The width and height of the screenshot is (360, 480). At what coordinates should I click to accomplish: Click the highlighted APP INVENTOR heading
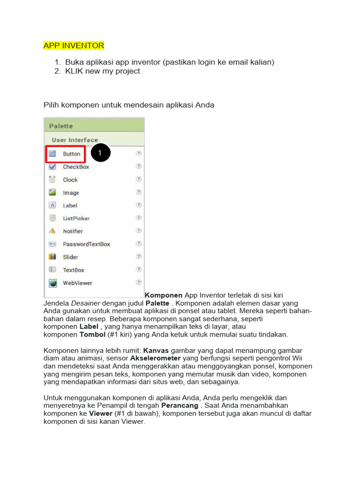pyautogui.click(x=74, y=45)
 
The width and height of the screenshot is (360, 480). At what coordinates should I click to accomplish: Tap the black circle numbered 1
pyautogui.click(x=100, y=152)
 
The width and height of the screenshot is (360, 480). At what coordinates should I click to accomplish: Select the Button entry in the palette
pyautogui.click(x=72, y=154)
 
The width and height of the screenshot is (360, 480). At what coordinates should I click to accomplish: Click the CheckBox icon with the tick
pyautogui.click(x=53, y=166)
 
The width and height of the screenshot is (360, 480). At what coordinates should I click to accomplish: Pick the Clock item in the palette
pyautogui.click(x=70, y=180)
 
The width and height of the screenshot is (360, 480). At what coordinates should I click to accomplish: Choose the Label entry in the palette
pyautogui.click(x=70, y=205)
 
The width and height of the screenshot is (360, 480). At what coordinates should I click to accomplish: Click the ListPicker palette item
pyautogui.click(x=76, y=218)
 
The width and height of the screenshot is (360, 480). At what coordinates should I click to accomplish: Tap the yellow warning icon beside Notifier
pyautogui.click(x=53, y=231)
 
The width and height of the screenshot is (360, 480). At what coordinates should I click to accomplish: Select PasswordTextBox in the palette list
pyautogui.click(x=86, y=244)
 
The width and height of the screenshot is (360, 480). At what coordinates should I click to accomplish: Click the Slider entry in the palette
pyautogui.click(x=70, y=257)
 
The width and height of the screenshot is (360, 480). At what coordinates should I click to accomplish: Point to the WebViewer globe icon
pyautogui.click(x=53, y=283)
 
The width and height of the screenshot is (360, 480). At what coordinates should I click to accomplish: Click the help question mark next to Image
pyautogui.click(x=139, y=192)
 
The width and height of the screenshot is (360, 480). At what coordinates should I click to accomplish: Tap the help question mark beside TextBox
pyautogui.click(x=139, y=270)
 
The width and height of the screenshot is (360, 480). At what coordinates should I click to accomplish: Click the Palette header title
pyautogui.click(x=62, y=126)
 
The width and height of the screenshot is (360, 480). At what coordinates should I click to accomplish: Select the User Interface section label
pyautogui.click(x=75, y=140)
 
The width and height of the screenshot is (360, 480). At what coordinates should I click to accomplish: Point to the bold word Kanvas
pyautogui.click(x=156, y=351)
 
